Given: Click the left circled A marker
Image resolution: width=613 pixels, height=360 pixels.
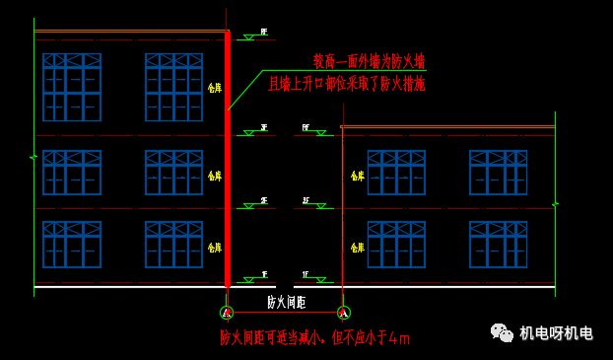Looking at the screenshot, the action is click(227, 313).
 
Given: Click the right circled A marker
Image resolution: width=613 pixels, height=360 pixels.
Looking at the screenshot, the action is click(343, 313).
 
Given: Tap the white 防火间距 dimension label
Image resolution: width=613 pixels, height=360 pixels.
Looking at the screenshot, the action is click(286, 302).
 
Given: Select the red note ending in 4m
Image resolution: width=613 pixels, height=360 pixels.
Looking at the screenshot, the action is click(314, 338).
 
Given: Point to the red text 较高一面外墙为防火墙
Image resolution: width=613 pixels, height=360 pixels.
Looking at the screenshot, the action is click(370, 61).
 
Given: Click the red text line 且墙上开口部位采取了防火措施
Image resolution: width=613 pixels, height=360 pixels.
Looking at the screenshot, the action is click(347, 85).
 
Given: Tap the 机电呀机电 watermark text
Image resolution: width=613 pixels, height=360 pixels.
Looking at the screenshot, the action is click(556, 333).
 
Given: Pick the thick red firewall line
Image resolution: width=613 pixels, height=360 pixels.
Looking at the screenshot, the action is click(228, 158).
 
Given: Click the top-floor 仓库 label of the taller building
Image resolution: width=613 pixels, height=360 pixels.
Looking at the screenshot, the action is click(215, 88).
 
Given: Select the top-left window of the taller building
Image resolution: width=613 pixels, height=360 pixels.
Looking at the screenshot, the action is click(72, 87).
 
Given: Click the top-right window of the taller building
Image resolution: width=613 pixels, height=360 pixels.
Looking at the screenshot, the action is click(173, 87).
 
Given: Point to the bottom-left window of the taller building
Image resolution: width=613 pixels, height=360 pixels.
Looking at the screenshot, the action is click(72, 244).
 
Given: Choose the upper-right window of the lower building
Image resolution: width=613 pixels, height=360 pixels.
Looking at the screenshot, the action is click(499, 173).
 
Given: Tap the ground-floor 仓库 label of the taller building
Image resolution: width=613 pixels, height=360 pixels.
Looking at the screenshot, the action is click(215, 247).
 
